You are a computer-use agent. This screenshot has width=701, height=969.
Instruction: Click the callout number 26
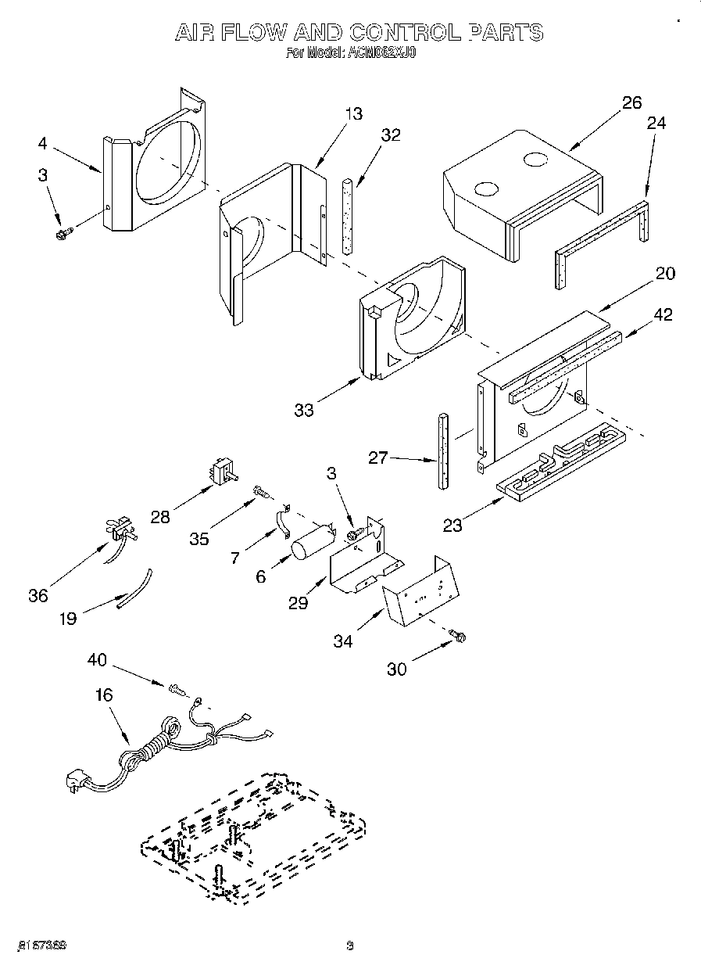[x=631, y=102]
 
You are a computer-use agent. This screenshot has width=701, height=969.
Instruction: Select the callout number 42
[x=663, y=314]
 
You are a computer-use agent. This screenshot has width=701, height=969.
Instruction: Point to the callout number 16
[x=103, y=694]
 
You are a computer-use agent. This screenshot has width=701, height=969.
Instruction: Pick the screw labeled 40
[x=177, y=688]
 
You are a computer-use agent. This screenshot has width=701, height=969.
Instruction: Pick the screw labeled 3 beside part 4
[x=63, y=232]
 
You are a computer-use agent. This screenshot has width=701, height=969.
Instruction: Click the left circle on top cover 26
[x=485, y=188]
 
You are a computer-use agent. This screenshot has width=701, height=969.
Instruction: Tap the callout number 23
[x=453, y=526]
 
